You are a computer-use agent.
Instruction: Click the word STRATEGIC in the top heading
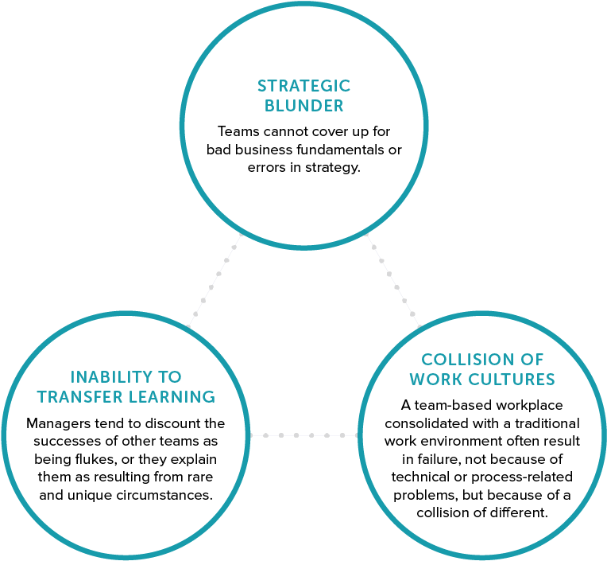click(303, 86)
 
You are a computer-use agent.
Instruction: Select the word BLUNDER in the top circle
click(303, 106)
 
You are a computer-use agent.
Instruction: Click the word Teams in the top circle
click(236, 131)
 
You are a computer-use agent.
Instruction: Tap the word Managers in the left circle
click(56, 423)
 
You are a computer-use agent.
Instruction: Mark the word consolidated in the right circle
click(421, 423)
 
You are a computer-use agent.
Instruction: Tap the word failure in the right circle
click(425, 458)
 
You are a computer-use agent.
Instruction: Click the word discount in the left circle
click(172, 423)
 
